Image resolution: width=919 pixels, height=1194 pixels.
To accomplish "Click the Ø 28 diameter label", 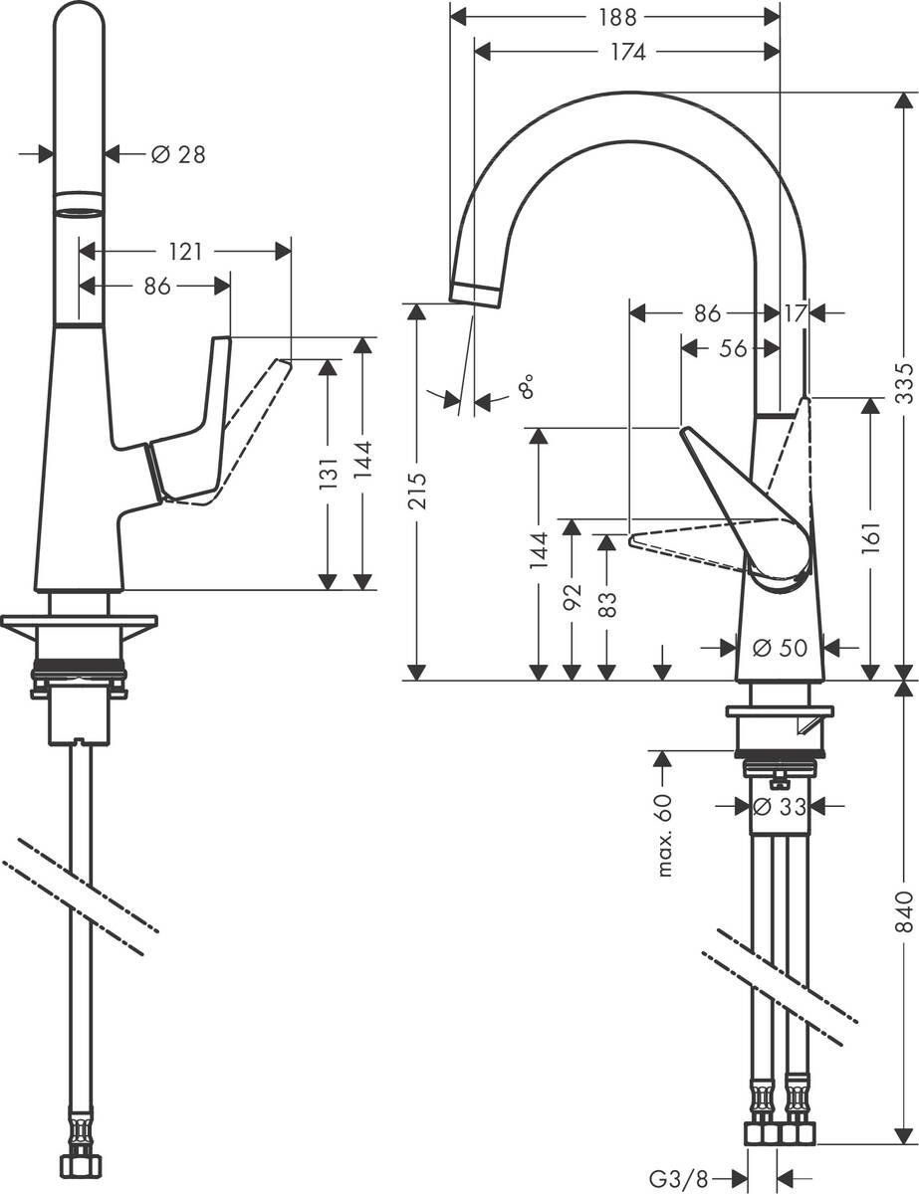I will (x=178, y=154).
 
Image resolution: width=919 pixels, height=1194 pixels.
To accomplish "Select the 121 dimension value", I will (x=185, y=253).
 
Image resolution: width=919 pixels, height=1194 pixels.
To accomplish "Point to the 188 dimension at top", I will (x=614, y=16).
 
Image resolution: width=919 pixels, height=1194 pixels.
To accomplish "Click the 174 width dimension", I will (x=626, y=52).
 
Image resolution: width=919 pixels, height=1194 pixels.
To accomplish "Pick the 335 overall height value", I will (x=903, y=381).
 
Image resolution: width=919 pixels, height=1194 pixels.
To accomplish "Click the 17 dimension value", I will (x=795, y=313).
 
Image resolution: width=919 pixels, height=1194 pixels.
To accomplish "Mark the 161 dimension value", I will (x=871, y=535).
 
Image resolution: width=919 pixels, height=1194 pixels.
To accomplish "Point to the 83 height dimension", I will (x=607, y=605).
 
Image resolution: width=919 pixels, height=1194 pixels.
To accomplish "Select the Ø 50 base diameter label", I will (x=780, y=649).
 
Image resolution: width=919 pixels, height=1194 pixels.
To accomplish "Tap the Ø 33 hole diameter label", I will (x=780, y=807).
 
